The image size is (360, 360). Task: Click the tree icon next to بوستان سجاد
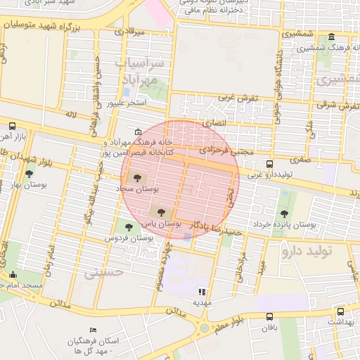(x=136, y=179)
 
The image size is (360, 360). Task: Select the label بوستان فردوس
(x=129, y=238)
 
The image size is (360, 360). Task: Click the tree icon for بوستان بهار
(x=29, y=174)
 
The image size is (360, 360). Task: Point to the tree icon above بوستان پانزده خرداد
(x=284, y=214)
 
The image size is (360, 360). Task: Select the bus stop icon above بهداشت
(x=340, y=311)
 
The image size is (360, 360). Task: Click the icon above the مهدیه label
(x=202, y=291)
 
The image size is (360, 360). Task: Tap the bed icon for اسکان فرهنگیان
(x=94, y=330)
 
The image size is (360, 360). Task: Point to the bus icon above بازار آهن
(x=12, y=126)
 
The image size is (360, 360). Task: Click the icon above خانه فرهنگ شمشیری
(x=331, y=37)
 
